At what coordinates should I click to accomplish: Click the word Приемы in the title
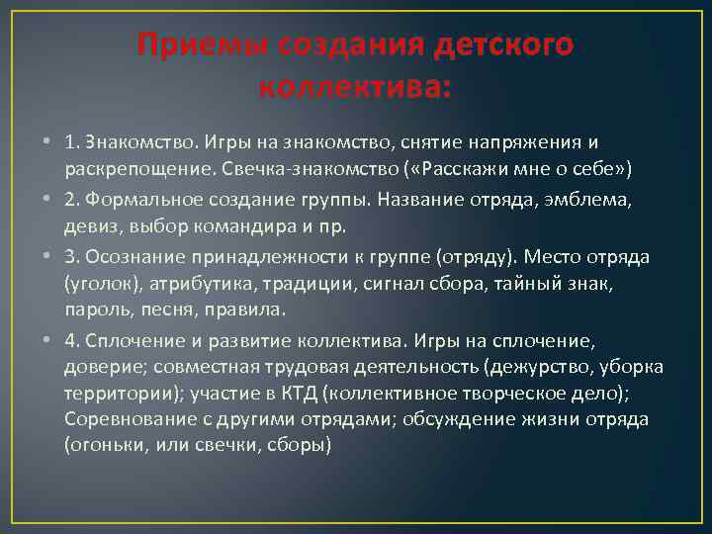pos(193,45)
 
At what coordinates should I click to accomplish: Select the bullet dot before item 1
pos(47,142)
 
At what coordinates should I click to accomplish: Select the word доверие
pos(102,367)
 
